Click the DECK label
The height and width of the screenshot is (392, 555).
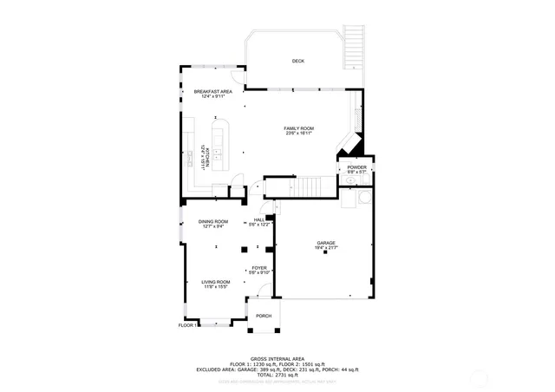297,61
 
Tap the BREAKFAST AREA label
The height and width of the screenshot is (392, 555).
212,92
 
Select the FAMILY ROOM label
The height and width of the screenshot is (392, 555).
297,128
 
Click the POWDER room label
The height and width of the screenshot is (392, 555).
357,167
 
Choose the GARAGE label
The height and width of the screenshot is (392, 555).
325,244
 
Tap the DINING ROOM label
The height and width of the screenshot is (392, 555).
212,222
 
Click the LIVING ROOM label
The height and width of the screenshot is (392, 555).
215,282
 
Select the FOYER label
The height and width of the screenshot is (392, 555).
259,269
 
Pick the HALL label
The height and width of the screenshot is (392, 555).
259,220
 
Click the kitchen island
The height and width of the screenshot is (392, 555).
219,142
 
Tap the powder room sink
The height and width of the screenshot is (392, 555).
351,183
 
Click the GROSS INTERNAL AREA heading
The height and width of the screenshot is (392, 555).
277,357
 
